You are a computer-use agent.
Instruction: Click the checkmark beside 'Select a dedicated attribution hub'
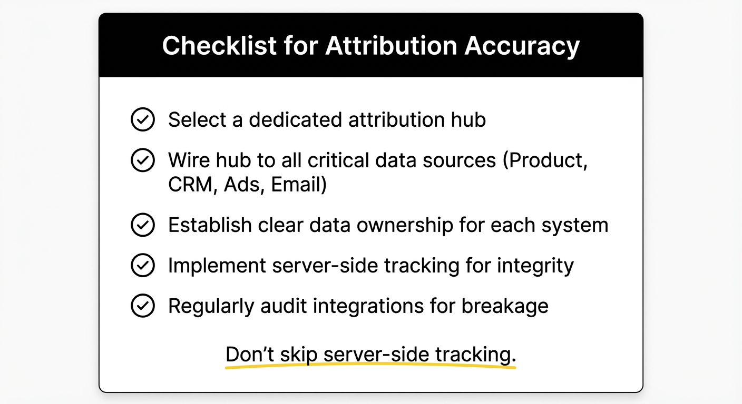click(x=142, y=120)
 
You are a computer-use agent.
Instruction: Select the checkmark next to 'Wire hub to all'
click(x=142, y=160)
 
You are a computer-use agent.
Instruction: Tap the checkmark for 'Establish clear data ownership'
click(x=142, y=225)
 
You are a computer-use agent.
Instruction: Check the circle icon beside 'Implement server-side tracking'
click(x=142, y=266)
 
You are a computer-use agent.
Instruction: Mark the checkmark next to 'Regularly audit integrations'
click(x=142, y=306)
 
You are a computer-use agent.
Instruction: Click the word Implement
click(x=216, y=266)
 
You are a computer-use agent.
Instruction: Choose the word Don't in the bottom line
click(x=249, y=354)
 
